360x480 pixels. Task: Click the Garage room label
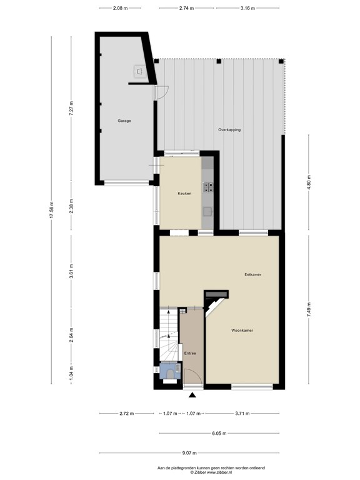[x=124, y=120]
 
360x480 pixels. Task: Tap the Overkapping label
[x=229, y=129]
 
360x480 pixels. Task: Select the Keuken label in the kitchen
[x=184, y=194]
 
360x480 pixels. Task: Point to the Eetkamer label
[x=252, y=274]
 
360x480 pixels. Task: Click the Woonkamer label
[x=241, y=330]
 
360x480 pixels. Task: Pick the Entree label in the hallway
[x=190, y=353]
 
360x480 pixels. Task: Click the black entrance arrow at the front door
[x=192, y=394]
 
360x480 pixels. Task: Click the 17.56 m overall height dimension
[x=52, y=210]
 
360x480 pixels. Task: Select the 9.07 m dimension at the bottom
[x=190, y=453]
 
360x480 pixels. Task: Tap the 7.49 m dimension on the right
[x=308, y=309]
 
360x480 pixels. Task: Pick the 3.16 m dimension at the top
[x=247, y=8]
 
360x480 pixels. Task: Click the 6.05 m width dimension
[x=219, y=433]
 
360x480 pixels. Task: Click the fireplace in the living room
[x=217, y=294]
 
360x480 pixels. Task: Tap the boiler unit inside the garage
[x=139, y=72]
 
